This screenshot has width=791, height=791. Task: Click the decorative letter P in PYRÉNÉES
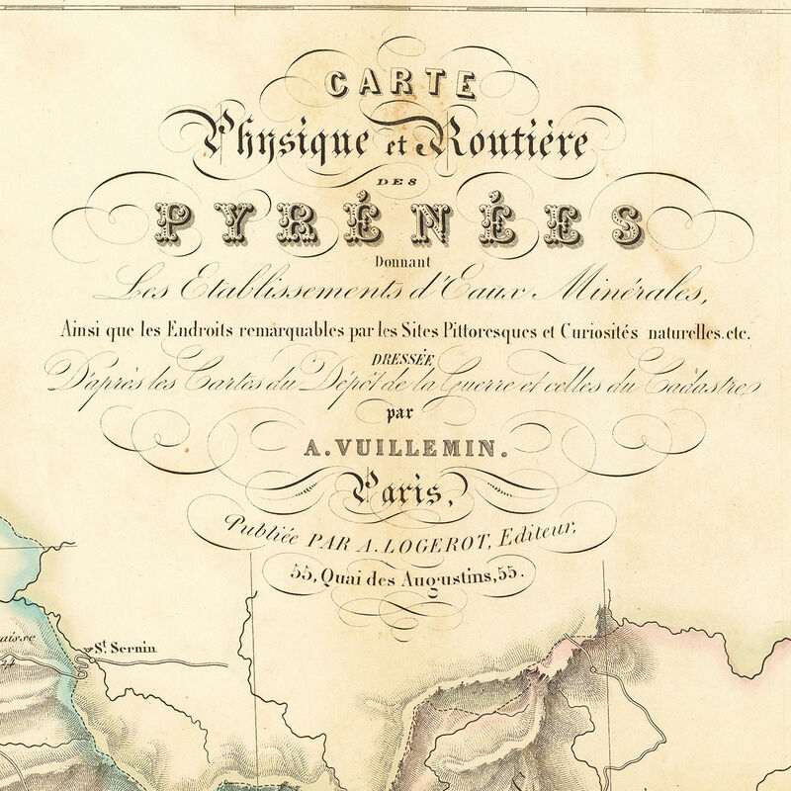[x=175, y=222]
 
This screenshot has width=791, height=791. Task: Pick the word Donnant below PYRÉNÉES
[x=395, y=261]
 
